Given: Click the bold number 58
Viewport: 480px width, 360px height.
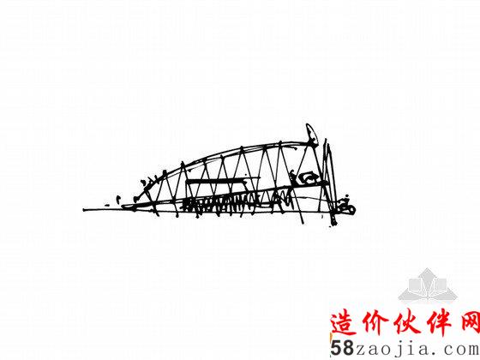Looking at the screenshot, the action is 342,348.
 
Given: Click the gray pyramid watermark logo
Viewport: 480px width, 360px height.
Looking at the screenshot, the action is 428,285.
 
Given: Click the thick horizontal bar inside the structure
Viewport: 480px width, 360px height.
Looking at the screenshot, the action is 218,182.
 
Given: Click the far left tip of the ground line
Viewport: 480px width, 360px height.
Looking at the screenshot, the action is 84,210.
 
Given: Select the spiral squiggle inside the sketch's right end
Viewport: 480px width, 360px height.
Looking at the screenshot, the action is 309,179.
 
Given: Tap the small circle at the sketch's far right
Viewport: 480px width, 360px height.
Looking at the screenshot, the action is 351,210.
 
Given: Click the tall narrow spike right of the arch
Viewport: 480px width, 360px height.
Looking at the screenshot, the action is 331,181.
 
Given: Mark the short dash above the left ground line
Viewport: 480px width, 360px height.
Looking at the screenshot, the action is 107,205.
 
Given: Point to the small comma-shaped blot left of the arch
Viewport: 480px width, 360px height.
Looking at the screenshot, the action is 118,199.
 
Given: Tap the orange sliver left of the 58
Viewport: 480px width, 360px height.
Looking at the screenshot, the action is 331,339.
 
